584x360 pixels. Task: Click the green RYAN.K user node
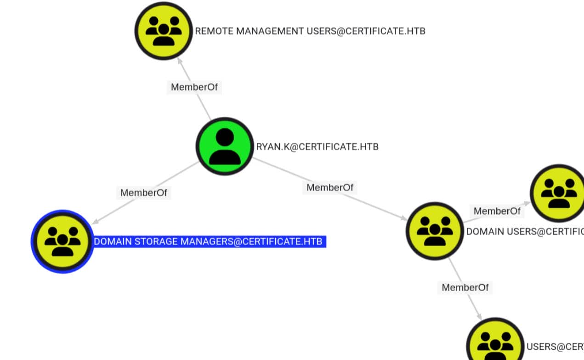coord(225,146)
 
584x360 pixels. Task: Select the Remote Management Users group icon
coord(163,31)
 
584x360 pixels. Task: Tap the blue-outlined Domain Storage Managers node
coord(62,241)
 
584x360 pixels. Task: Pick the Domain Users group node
coord(435,231)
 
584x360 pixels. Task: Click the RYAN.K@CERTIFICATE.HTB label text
coord(317,147)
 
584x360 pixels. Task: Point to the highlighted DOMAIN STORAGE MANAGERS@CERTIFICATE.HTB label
coord(210,242)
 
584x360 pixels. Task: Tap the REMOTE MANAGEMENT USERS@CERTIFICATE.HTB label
coord(310,31)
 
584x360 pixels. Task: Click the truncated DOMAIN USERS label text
coord(524,231)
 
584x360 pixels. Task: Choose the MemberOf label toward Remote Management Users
coord(194,87)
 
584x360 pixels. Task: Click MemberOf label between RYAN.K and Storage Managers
coord(143,193)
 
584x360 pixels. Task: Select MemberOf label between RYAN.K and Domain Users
coord(330,187)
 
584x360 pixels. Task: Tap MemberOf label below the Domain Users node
coord(465,287)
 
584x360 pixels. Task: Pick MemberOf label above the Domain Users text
coord(497,211)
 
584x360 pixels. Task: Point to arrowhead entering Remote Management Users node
coord(179,60)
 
